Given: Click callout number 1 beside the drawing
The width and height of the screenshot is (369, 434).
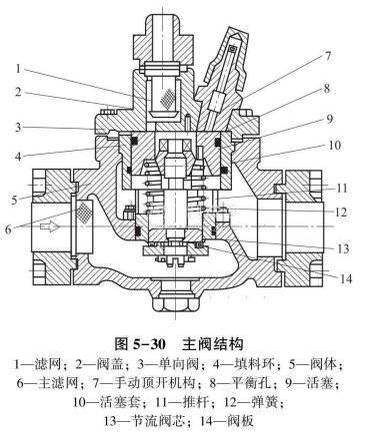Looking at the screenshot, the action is pos(18,69).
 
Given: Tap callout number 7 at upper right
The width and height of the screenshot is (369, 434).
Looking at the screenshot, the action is pos(328,56).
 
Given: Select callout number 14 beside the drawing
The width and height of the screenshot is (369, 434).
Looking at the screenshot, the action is pos(346,278).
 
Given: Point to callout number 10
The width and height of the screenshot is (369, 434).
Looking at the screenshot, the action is pos(335,146).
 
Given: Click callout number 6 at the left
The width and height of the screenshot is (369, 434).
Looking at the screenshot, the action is pos(9,229).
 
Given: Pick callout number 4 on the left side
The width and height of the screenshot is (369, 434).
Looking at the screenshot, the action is pos(18,156).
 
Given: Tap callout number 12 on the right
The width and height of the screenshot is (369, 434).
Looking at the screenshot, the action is pos(341,213).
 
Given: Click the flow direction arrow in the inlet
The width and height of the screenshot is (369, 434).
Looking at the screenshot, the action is pos(50,226).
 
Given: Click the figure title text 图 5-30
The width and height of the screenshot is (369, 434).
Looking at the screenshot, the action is pos(140,344).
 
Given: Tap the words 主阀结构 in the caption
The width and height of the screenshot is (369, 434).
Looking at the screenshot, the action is pos(212,344).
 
